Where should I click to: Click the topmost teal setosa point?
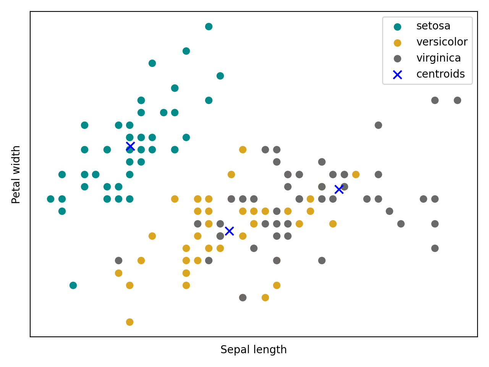tap(209, 26)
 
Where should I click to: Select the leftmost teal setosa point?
tap(50, 199)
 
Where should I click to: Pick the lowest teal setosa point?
tap(73, 285)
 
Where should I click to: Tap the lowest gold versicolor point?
tap(130, 322)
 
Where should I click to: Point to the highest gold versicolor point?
tap(243, 149)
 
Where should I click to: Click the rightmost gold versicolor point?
tap(356, 174)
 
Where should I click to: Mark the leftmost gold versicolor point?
tap(118, 273)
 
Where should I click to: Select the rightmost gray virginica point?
tap(457, 100)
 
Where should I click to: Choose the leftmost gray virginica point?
tap(118, 260)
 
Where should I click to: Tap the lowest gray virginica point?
tap(243, 297)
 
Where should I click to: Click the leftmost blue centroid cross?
tap(130, 146)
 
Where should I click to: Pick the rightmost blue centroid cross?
tap(339, 189)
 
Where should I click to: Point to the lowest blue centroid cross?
tap(229, 231)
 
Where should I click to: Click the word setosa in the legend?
tap(433, 26)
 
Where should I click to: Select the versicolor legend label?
tap(442, 42)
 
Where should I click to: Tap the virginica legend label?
tap(438, 58)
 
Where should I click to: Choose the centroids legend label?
tap(440, 74)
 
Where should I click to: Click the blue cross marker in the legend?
tap(397, 75)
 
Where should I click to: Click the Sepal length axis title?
tap(254, 350)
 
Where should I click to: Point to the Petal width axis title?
tap(16, 174)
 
